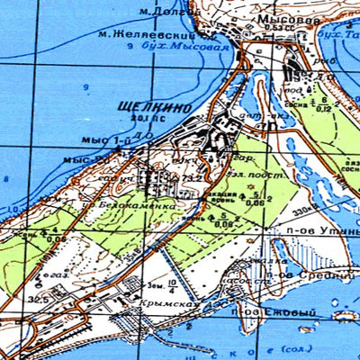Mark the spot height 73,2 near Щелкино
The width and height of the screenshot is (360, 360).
[190, 180]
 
